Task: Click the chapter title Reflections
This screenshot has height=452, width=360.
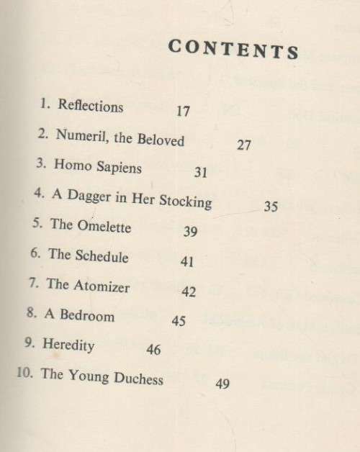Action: tap(91, 107)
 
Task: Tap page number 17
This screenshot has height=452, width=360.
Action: tap(182, 112)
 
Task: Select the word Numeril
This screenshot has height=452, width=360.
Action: tap(79, 137)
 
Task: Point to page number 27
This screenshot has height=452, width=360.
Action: tap(243, 145)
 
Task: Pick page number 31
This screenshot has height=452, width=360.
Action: tap(200, 173)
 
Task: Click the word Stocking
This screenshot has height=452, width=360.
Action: tap(184, 201)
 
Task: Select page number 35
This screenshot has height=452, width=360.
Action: tap(270, 207)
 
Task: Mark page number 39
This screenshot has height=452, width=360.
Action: tap(190, 232)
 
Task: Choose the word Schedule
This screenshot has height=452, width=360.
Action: tap(99, 256)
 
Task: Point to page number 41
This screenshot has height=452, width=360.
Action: tap(187, 262)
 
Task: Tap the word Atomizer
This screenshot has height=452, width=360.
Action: tap(101, 285)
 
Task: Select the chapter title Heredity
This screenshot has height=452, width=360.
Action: tap(68, 345)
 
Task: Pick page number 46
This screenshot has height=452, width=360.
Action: tap(153, 350)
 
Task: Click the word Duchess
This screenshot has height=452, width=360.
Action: tap(136, 377)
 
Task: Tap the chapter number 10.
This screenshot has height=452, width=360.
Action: tap(24, 374)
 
